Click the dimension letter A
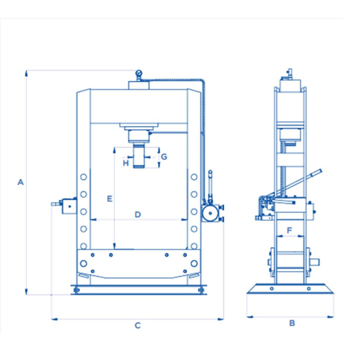coord(20,182)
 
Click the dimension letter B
coord(292,323)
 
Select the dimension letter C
coord(137,325)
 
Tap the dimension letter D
coord(137,214)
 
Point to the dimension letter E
coord(109,198)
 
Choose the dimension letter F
coord(289,230)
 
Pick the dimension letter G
coord(164,156)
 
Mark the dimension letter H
coord(125,163)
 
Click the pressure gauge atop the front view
coord(138,73)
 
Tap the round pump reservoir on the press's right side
coord(210,213)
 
